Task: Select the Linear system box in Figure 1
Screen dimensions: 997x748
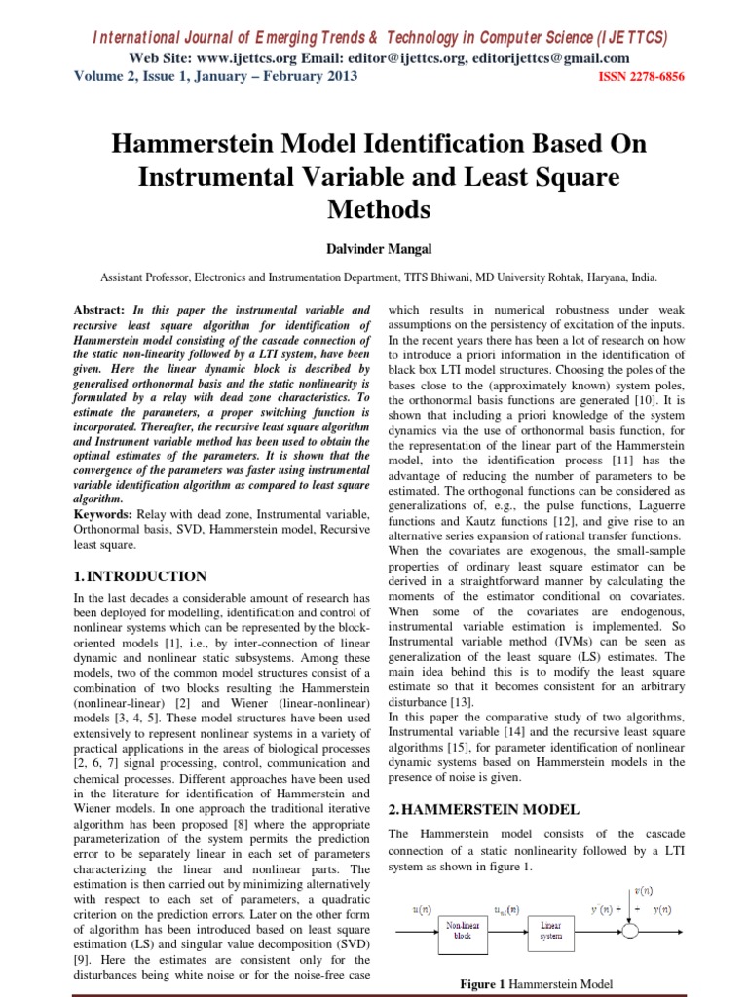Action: click(551, 929)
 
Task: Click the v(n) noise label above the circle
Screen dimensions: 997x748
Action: click(643, 889)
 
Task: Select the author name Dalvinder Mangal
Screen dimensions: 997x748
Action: click(373, 249)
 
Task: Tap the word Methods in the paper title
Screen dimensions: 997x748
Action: click(373, 208)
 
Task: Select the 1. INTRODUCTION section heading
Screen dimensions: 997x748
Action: click(141, 576)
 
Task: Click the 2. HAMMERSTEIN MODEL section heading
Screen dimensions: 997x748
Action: click(484, 809)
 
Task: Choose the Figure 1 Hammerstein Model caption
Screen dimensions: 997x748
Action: click(537, 984)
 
